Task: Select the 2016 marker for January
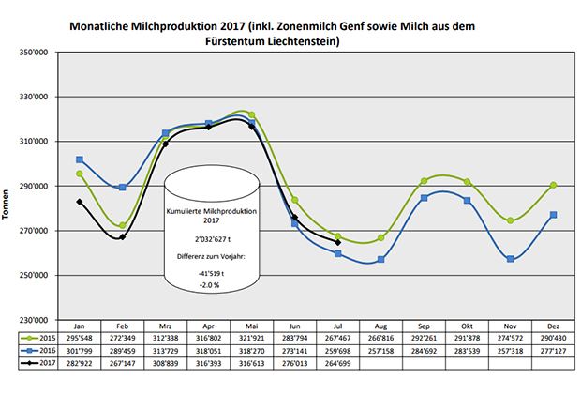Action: pos(80,159)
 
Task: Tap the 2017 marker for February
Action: pos(123,236)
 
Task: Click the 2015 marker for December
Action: pos(554,185)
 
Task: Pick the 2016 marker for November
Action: pos(511,259)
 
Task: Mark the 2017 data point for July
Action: pos(337,242)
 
